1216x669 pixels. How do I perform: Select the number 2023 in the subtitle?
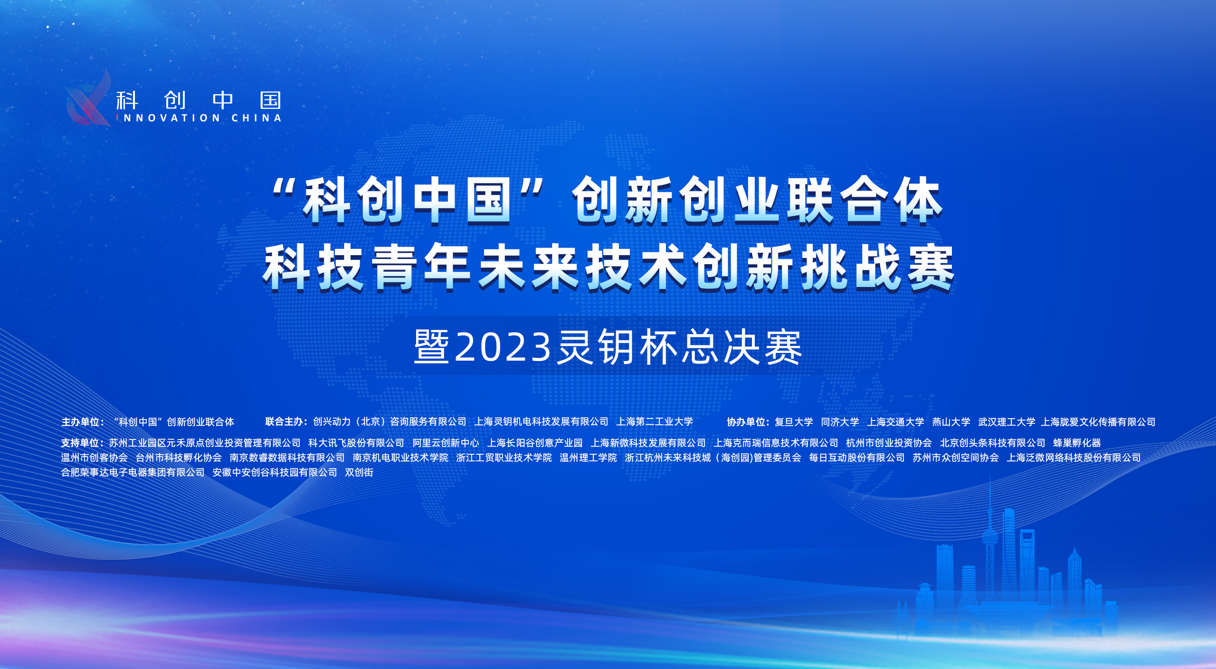coord(503,347)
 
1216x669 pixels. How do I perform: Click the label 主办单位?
coord(80,422)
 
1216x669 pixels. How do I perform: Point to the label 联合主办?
coord(284,421)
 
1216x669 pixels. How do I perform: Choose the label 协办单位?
coord(746,422)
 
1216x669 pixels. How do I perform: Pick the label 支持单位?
coord(80,443)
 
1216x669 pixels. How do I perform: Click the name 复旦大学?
coord(794,422)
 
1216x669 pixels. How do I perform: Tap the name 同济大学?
coord(840,422)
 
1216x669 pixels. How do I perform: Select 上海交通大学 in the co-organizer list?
coord(895,422)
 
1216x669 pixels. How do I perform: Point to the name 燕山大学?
coord(951,422)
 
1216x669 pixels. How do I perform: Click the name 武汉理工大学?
coord(1007,422)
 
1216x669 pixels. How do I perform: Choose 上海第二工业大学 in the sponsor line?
coord(655,421)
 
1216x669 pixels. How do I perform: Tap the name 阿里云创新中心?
coord(446,443)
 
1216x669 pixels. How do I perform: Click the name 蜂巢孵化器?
coord(1077,443)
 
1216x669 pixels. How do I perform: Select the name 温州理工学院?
coord(588,458)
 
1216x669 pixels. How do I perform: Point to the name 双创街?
coord(359,472)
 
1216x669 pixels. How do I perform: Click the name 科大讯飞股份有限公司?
coord(356,443)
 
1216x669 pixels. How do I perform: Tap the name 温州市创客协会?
coord(95,458)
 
